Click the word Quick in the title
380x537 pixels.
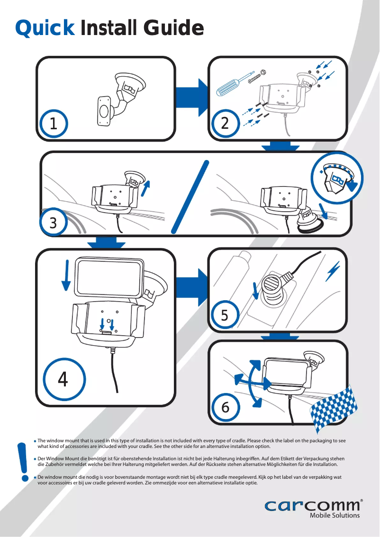[45, 28]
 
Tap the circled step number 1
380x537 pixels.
[54, 124]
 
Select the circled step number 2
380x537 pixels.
[225, 124]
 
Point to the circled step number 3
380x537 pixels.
[54, 223]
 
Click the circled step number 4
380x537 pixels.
[63, 379]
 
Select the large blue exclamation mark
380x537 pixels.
[22, 461]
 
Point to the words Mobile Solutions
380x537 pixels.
[334, 515]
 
